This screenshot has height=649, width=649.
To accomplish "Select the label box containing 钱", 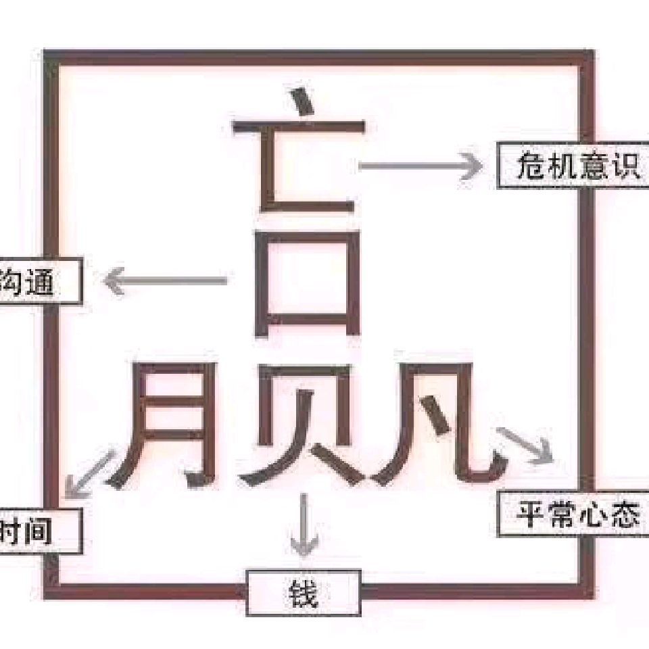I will (303, 593).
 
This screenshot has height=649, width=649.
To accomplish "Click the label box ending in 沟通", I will (37, 281).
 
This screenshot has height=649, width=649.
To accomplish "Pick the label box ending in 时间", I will (37, 531).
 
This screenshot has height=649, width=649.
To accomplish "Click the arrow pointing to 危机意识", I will (419, 166).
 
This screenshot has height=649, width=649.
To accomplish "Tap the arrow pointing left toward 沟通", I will (166, 281).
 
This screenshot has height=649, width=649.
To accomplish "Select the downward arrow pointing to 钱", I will (304, 524).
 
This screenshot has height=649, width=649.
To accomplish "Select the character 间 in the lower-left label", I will (37, 531).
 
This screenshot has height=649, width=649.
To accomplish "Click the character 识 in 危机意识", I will (624, 166).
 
